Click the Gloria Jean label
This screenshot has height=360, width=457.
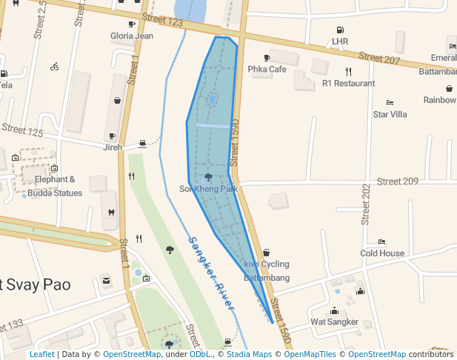click(132, 36)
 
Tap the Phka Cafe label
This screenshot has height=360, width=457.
click(267, 69)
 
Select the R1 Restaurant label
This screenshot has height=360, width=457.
click(348, 84)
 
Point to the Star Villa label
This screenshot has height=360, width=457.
click(390, 114)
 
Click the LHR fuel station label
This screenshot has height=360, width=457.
click(340, 41)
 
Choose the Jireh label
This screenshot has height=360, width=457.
click(113, 147)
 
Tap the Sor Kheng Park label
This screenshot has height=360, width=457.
click(208, 189)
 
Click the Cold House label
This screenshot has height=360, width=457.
click(382, 253)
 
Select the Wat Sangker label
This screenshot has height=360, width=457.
click(334, 322)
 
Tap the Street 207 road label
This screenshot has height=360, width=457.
click(378, 57)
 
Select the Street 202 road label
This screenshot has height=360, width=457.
click(365, 204)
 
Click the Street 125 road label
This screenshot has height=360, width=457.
click(22, 130)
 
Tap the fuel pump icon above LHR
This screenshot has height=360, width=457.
click(340, 30)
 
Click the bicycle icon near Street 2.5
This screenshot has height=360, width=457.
click(54, 66)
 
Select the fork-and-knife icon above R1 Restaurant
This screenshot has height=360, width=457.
click(348, 72)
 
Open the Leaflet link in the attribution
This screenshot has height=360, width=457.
click(41, 355)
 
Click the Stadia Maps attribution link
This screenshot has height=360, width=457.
click(245, 355)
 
